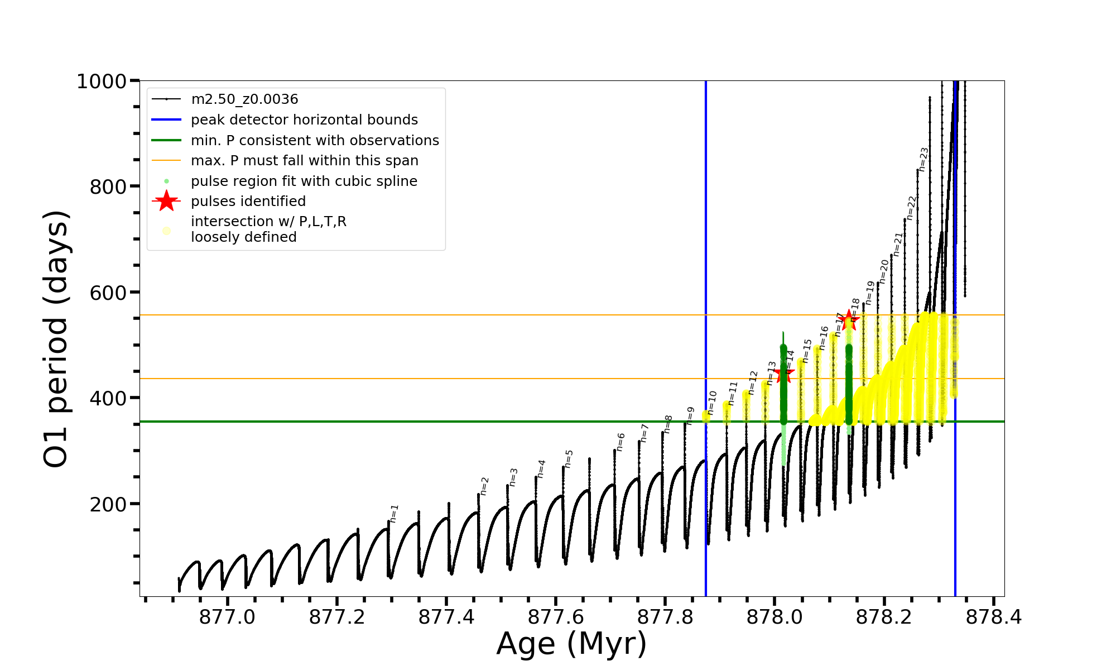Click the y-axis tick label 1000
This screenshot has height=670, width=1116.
point(102,82)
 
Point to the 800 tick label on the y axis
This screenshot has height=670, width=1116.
point(108,187)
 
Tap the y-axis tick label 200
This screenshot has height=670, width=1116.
point(108,504)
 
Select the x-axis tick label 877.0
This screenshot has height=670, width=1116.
point(227,617)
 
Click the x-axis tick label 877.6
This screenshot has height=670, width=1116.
point(555,617)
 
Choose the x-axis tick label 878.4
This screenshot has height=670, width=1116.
point(994,617)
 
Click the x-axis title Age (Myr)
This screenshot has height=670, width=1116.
point(571,644)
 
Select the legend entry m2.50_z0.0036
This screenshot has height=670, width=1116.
point(244,99)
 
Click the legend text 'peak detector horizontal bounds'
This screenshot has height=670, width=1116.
point(304,120)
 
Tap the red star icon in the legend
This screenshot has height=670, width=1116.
point(166,201)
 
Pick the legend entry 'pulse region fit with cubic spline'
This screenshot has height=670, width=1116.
point(304,181)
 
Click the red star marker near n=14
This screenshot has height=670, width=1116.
point(784,373)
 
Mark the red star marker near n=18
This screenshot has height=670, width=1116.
point(849,320)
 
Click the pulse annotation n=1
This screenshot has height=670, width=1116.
point(395,513)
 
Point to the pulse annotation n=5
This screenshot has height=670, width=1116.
point(569,458)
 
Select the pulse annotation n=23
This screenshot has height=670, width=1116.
point(923,159)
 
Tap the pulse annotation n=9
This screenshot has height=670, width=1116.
point(691,415)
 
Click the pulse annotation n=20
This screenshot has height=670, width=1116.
point(884,271)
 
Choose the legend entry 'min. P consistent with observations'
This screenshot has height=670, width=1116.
point(315,141)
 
